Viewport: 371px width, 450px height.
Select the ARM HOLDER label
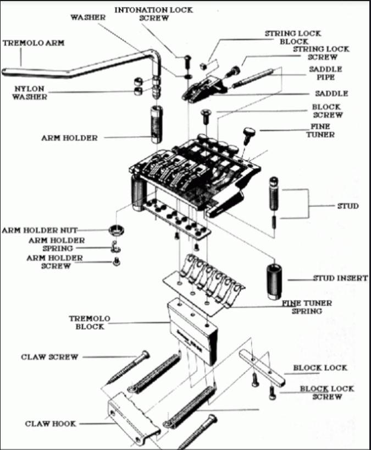click(x=69, y=138)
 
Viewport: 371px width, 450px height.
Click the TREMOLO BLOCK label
click(x=90, y=322)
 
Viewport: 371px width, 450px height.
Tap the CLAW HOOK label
click(x=50, y=424)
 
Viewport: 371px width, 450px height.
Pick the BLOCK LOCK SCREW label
click(x=326, y=392)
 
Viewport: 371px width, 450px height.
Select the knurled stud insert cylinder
click(x=273, y=281)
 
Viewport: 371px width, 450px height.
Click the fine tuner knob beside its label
click(x=248, y=133)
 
